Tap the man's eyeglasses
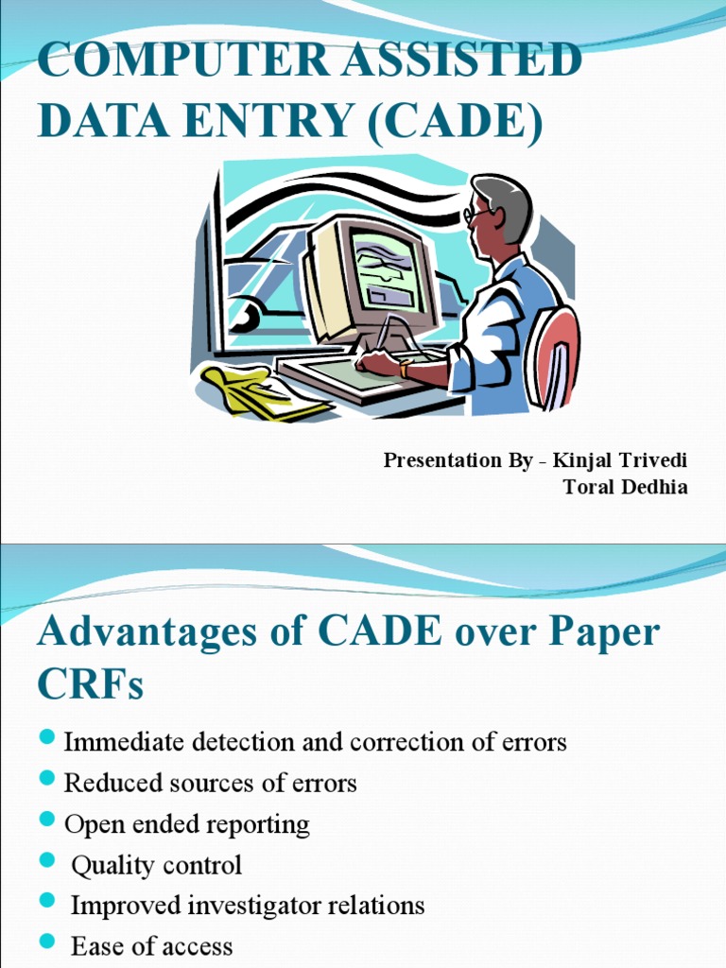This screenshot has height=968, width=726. pyautogui.click(x=477, y=215)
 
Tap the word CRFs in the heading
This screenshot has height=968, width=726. pyautogui.click(x=91, y=685)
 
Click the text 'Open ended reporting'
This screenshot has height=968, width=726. pyautogui.click(x=186, y=824)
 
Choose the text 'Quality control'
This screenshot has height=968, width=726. pyautogui.click(x=157, y=865)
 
